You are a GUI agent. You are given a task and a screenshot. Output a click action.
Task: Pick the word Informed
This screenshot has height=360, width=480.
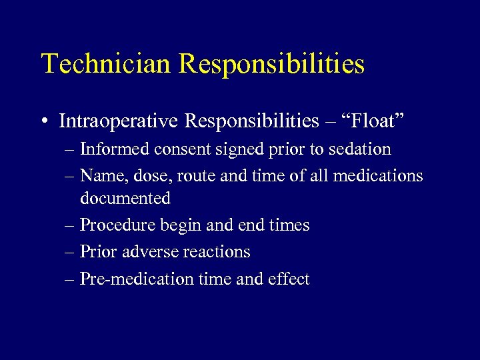pos(114,149)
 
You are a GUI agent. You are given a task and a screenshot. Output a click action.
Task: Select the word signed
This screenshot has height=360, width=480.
pos(232,150)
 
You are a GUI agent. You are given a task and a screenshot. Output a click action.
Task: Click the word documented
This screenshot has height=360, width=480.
pos(125,198)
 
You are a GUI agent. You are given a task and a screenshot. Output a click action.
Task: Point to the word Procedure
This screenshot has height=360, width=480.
pos(113,225)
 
